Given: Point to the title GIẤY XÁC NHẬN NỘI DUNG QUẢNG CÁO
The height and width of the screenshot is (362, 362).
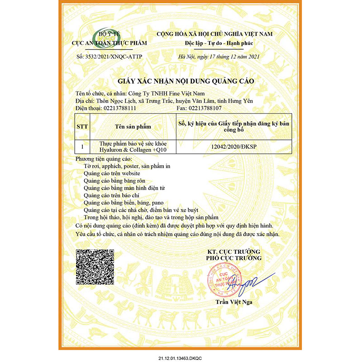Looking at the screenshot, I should pyautogui.click(x=186, y=81).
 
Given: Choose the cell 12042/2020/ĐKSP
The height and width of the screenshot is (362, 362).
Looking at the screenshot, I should pyautogui.click(x=234, y=147).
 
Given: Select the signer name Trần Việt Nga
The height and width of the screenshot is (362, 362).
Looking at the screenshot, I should pyautogui.click(x=234, y=302).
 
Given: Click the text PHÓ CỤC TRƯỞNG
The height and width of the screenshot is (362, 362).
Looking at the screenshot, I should pyautogui.click(x=234, y=258).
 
